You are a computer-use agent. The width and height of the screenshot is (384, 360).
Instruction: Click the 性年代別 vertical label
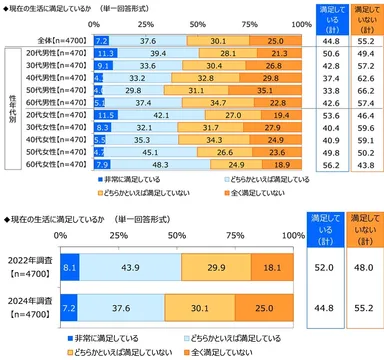point(11,110)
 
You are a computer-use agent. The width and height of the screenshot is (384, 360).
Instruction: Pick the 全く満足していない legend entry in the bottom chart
point(232,350)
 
